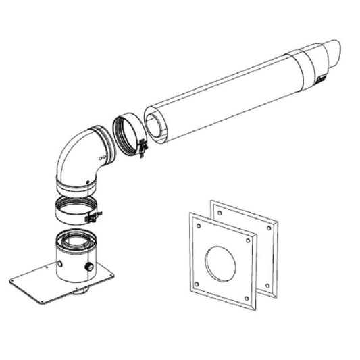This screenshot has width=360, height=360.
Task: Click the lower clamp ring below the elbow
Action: point(72,210)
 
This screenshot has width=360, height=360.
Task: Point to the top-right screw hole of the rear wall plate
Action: point(272,226)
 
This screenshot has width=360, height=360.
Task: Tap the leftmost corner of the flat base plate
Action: point(12,278)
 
